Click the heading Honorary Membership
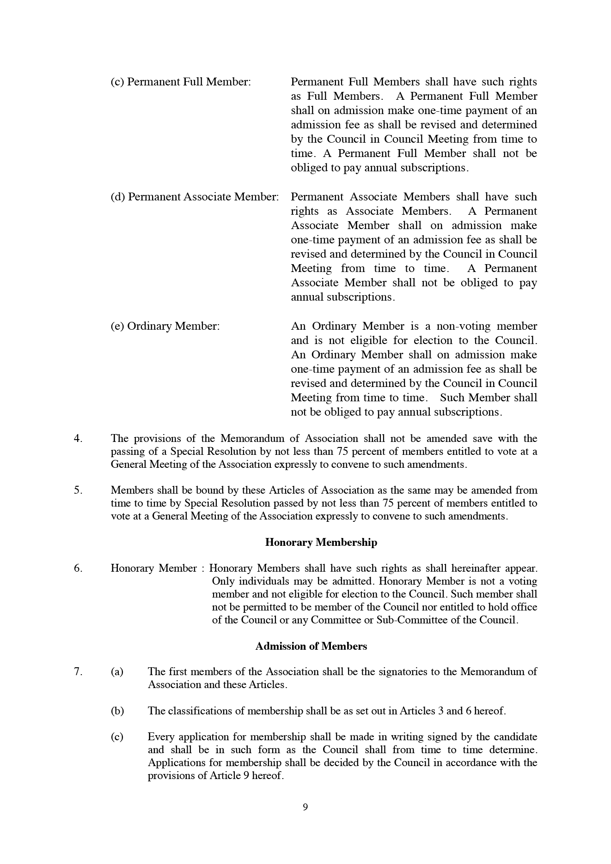coord(321,542)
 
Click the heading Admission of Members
coord(311,646)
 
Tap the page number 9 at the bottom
coord(305,807)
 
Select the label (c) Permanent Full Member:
coord(181,82)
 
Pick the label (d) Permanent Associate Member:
coord(195,197)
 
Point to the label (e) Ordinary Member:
coord(165,326)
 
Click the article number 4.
coord(78,438)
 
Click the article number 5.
coord(78,490)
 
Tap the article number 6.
coord(78,568)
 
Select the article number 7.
coord(78,671)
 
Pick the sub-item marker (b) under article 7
coord(117,711)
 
